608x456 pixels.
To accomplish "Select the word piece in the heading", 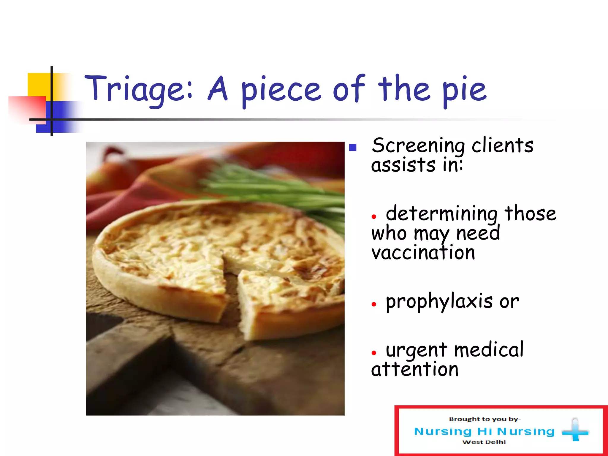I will [281, 91].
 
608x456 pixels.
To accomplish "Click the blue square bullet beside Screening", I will [353, 148].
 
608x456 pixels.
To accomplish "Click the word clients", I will [502, 145].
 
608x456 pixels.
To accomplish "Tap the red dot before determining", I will [374, 217].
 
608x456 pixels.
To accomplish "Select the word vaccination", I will [423, 253].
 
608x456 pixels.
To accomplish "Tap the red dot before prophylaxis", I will [374, 304].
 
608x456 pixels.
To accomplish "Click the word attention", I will [415, 370].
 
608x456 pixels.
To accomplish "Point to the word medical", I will [489, 350].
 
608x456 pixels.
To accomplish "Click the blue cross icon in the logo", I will [575, 431].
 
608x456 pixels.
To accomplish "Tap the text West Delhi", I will [484, 442].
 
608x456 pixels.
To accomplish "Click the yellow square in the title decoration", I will [39, 85].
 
